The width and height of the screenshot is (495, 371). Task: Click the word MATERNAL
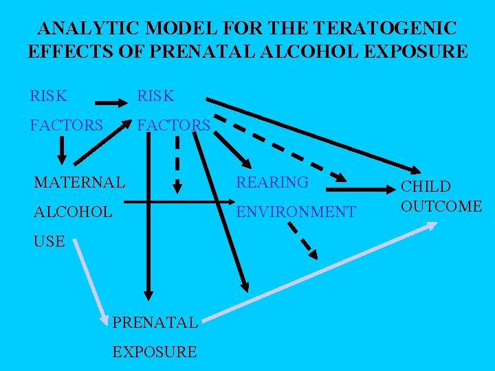pos(80,182)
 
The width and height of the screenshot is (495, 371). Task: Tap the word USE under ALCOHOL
pos(49,241)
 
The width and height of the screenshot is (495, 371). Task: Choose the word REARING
pos(272,182)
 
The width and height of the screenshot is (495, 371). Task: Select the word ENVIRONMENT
pos(296,212)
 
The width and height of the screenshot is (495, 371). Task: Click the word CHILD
pos(426,186)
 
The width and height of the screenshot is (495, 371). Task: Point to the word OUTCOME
pos(441,205)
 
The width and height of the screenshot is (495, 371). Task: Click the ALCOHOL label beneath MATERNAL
pos(73,212)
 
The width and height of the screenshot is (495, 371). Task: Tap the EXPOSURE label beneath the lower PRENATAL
pos(154,352)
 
